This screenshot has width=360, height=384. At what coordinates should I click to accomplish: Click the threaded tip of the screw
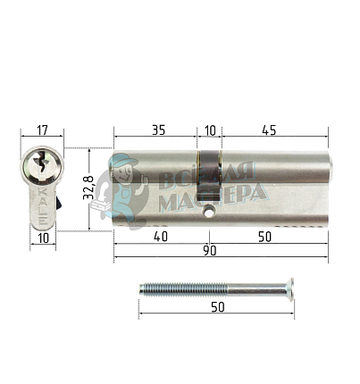click(145, 289)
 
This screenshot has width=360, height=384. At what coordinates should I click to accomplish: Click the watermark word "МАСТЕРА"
click(211, 194)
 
